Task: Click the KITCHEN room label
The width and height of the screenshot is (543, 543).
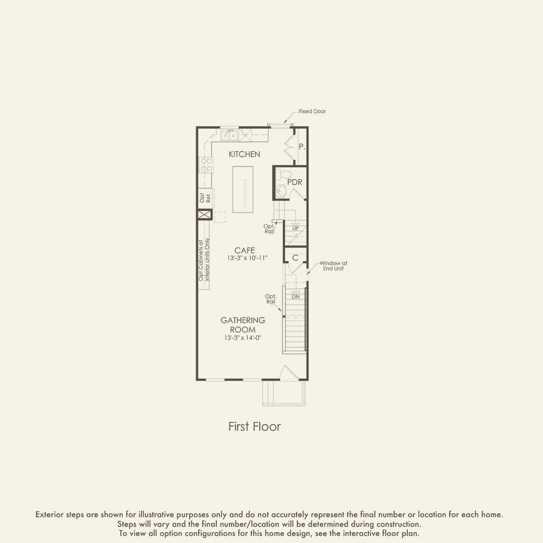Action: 244,154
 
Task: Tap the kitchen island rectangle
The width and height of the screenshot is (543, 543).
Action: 243,189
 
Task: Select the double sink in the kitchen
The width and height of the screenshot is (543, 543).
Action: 229,135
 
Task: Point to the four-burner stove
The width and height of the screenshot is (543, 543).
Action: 206,165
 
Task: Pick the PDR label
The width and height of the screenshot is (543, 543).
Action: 295,182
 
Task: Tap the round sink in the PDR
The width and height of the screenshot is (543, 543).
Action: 281,191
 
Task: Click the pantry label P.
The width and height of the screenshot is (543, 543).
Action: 302,147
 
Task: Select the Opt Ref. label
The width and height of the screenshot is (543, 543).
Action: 205,198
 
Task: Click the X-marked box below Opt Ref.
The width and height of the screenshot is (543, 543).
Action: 204,215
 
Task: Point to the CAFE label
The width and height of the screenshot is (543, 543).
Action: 244,250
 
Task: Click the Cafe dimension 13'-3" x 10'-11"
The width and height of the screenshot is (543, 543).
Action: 247,258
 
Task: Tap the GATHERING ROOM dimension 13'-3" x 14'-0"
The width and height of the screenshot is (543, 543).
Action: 243,338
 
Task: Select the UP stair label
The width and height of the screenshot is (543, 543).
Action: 296,229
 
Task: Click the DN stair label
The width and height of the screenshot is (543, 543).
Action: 296,297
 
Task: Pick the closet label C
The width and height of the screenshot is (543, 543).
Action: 295,258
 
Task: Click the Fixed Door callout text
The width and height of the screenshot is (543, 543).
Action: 312,111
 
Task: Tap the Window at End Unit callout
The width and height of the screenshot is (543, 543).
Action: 333,266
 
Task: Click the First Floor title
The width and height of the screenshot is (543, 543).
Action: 254,427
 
